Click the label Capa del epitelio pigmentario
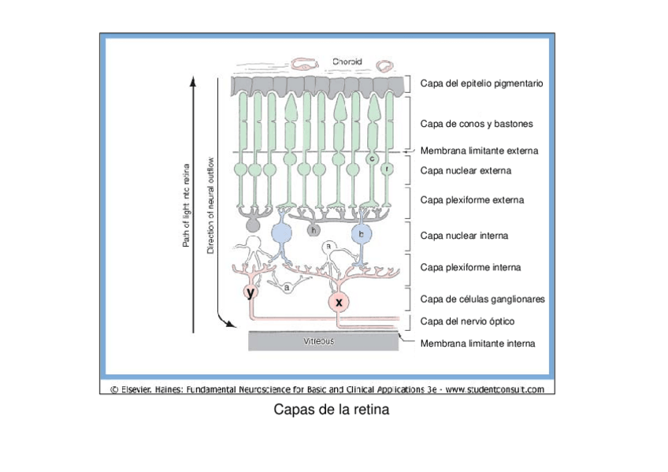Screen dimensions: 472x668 point(481,83)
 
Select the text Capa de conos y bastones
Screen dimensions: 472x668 point(476,124)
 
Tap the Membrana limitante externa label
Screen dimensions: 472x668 point(479,151)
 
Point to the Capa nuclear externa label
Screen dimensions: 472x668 point(466,170)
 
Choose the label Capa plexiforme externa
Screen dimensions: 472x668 point(472,200)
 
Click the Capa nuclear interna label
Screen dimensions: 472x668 point(464,236)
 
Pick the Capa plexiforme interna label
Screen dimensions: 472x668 point(470,268)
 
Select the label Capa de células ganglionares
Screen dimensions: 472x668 point(482,299)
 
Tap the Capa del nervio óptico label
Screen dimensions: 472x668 point(468,321)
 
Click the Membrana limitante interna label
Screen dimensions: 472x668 point(477,344)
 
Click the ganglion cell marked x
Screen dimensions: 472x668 point(340,303)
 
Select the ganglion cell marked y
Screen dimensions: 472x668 point(250,293)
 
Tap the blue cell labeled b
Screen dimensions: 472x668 point(362,233)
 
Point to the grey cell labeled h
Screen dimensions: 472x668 point(313,230)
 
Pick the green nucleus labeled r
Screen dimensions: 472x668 point(386,169)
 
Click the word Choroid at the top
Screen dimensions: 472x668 point(347,61)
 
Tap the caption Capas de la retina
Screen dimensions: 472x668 point(331,411)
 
